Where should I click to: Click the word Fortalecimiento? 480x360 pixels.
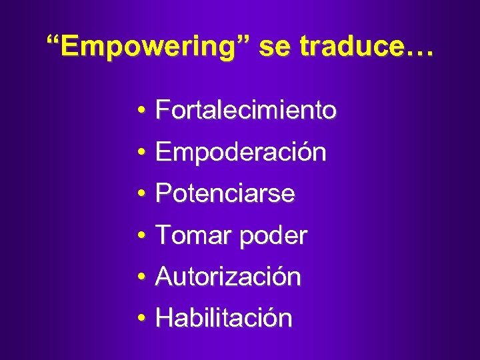point(246,110)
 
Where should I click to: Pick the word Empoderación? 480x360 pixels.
point(241,153)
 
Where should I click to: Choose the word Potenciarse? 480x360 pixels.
point(225,194)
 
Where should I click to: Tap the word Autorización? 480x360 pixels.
point(228,277)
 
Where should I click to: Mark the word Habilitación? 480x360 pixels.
point(223,318)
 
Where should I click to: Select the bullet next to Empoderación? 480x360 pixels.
point(143,153)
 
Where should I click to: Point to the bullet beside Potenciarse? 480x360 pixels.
point(143,195)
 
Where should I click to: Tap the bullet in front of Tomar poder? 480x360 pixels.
point(143,236)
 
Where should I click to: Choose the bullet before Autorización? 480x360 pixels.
point(143,277)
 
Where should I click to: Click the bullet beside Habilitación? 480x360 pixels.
point(143,319)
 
